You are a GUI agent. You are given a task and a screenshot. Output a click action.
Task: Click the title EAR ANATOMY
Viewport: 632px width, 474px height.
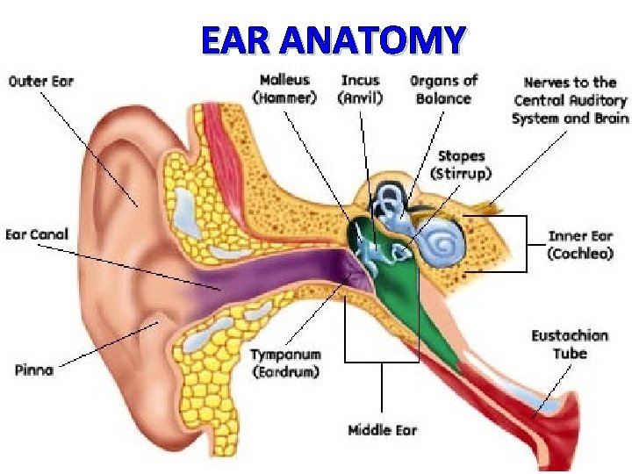[332, 39]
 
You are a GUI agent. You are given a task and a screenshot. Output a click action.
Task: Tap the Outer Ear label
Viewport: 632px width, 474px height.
[41, 82]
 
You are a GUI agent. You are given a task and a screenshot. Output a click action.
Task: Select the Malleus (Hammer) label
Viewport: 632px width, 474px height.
[284, 89]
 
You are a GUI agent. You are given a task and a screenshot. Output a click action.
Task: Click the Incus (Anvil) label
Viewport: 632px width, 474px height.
[360, 89]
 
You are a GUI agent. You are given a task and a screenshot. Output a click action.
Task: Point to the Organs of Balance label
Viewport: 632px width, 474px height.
[443, 89]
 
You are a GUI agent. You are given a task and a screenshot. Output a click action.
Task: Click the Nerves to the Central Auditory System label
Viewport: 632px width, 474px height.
[571, 100]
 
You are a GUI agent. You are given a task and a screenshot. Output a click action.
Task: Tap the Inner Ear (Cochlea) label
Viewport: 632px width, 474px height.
[580, 244]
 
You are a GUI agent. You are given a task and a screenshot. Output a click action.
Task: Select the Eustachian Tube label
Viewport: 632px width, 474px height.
[570, 344]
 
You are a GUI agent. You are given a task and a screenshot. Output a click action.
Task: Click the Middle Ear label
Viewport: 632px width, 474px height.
[383, 430]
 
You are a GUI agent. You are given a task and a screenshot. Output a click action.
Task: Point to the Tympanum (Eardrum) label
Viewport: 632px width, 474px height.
[285, 363]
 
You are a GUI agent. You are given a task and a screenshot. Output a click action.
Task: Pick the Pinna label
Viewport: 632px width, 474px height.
[34, 369]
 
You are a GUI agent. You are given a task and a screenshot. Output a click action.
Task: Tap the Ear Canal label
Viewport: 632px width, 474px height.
[37, 234]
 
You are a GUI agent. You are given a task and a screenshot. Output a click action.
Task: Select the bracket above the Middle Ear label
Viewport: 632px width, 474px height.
[383, 360]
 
